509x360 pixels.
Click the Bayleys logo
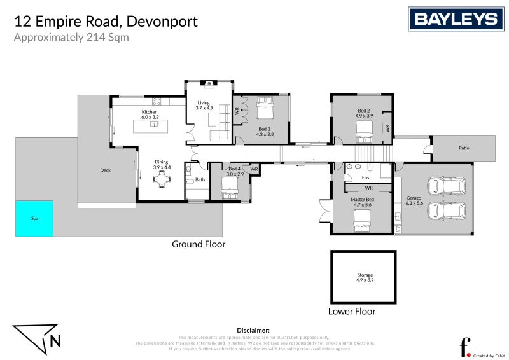[454, 19]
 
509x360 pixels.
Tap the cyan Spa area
[34, 219]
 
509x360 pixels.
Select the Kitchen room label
[150, 112]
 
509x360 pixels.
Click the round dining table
[162, 180]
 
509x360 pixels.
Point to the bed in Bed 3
[264, 110]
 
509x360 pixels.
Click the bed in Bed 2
[363, 132]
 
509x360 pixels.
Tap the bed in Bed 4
[229, 187]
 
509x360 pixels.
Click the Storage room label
[365, 275]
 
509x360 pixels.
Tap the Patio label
[463, 148]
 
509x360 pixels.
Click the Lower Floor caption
[351, 312]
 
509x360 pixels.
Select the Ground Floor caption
[199, 244]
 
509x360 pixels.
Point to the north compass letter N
[55, 341]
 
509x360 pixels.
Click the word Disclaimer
[253, 331]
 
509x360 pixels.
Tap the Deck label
[106, 170]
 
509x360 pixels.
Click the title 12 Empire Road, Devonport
[106, 21]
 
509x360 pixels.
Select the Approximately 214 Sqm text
[71, 37]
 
